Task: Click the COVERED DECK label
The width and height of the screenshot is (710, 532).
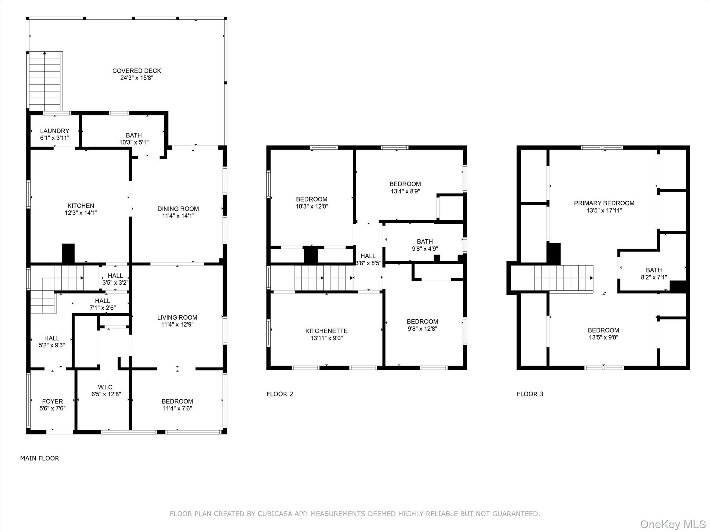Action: click(137, 71)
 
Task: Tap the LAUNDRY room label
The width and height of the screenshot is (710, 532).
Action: click(54, 131)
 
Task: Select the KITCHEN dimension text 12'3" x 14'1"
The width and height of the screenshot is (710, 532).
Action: click(81, 213)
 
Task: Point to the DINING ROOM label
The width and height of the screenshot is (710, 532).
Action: click(178, 209)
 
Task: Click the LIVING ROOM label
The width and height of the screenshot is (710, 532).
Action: click(177, 317)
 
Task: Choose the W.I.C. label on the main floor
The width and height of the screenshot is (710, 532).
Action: click(106, 387)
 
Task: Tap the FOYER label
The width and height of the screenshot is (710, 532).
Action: click(52, 401)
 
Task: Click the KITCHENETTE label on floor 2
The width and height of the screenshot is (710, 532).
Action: click(326, 331)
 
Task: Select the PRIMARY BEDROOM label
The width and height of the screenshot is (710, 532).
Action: click(604, 203)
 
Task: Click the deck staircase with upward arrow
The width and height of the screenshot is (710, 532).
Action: click(45, 81)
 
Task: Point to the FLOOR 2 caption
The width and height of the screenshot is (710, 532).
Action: click(280, 394)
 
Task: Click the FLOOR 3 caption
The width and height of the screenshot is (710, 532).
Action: click(530, 394)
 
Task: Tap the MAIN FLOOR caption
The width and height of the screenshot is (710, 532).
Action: click(40, 458)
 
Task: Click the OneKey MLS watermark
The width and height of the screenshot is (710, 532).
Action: click(673, 524)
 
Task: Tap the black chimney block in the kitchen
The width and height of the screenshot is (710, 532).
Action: click(68, 253)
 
